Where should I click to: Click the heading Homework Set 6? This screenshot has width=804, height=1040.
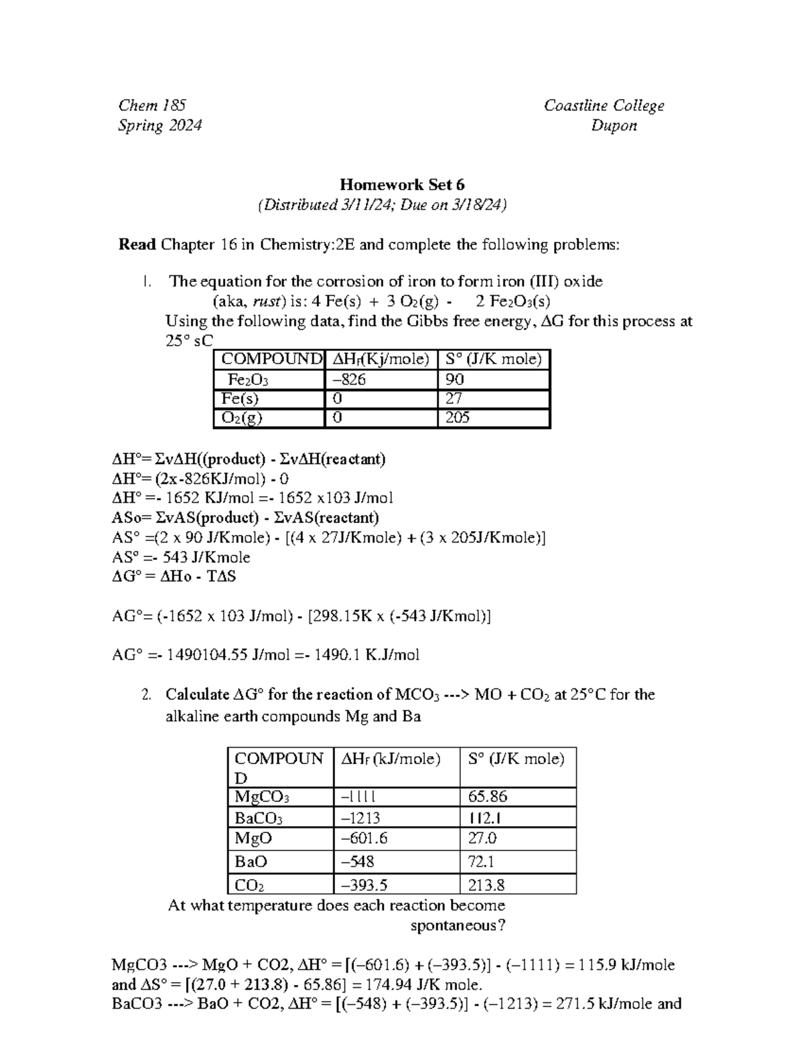coord(402,185)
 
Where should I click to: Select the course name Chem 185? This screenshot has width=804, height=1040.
coord(152,105)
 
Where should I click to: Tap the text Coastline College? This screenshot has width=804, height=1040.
coord(604,106)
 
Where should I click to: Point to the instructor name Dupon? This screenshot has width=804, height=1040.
coord(614,126)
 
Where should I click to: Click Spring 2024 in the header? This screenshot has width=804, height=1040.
coord(159,126)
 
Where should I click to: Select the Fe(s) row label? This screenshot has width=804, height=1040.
coord(240,399)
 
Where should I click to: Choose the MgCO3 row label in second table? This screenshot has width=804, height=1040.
coord(261,797)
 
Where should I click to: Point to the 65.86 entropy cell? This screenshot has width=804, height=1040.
coord(488,797)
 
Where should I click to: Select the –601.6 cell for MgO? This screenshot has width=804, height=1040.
coord(364,838)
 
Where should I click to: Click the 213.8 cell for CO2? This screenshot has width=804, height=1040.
coord(486,885)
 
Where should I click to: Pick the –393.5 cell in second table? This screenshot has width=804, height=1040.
coord(364,885)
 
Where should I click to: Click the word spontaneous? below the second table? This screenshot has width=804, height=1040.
coord(458,925)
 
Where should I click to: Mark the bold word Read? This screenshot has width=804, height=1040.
coord(137,245)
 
